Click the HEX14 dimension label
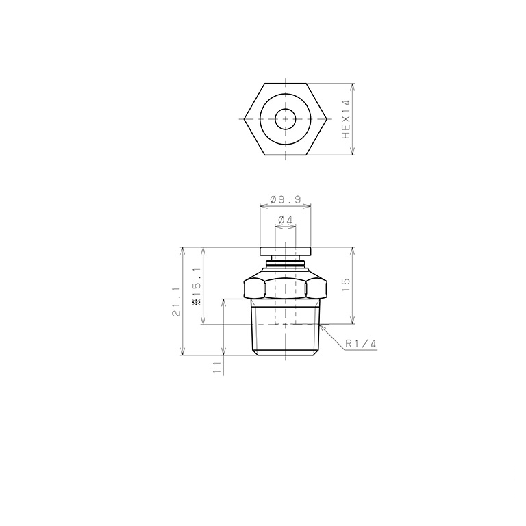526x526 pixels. [x=346, y=119]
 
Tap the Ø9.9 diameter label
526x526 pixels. [x=286, y=200]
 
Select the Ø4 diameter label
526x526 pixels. [x=286, y=220]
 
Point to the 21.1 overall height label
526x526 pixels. [x=177, y=301]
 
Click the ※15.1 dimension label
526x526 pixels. [x=197, y=286]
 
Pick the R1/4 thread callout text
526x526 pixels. [x=361, y=344]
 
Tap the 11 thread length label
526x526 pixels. [x=218, y=367]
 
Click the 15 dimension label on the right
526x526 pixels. [x=346, y=284]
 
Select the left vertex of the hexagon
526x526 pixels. [x=245, y=119]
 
